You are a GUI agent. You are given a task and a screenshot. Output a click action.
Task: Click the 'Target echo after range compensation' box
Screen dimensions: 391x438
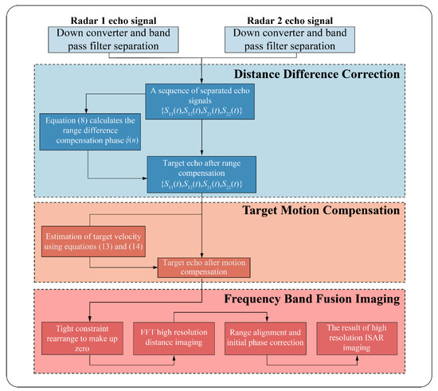pos(205,172)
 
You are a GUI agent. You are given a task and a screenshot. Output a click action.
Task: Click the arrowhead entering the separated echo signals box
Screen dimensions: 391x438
pos(205,81)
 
